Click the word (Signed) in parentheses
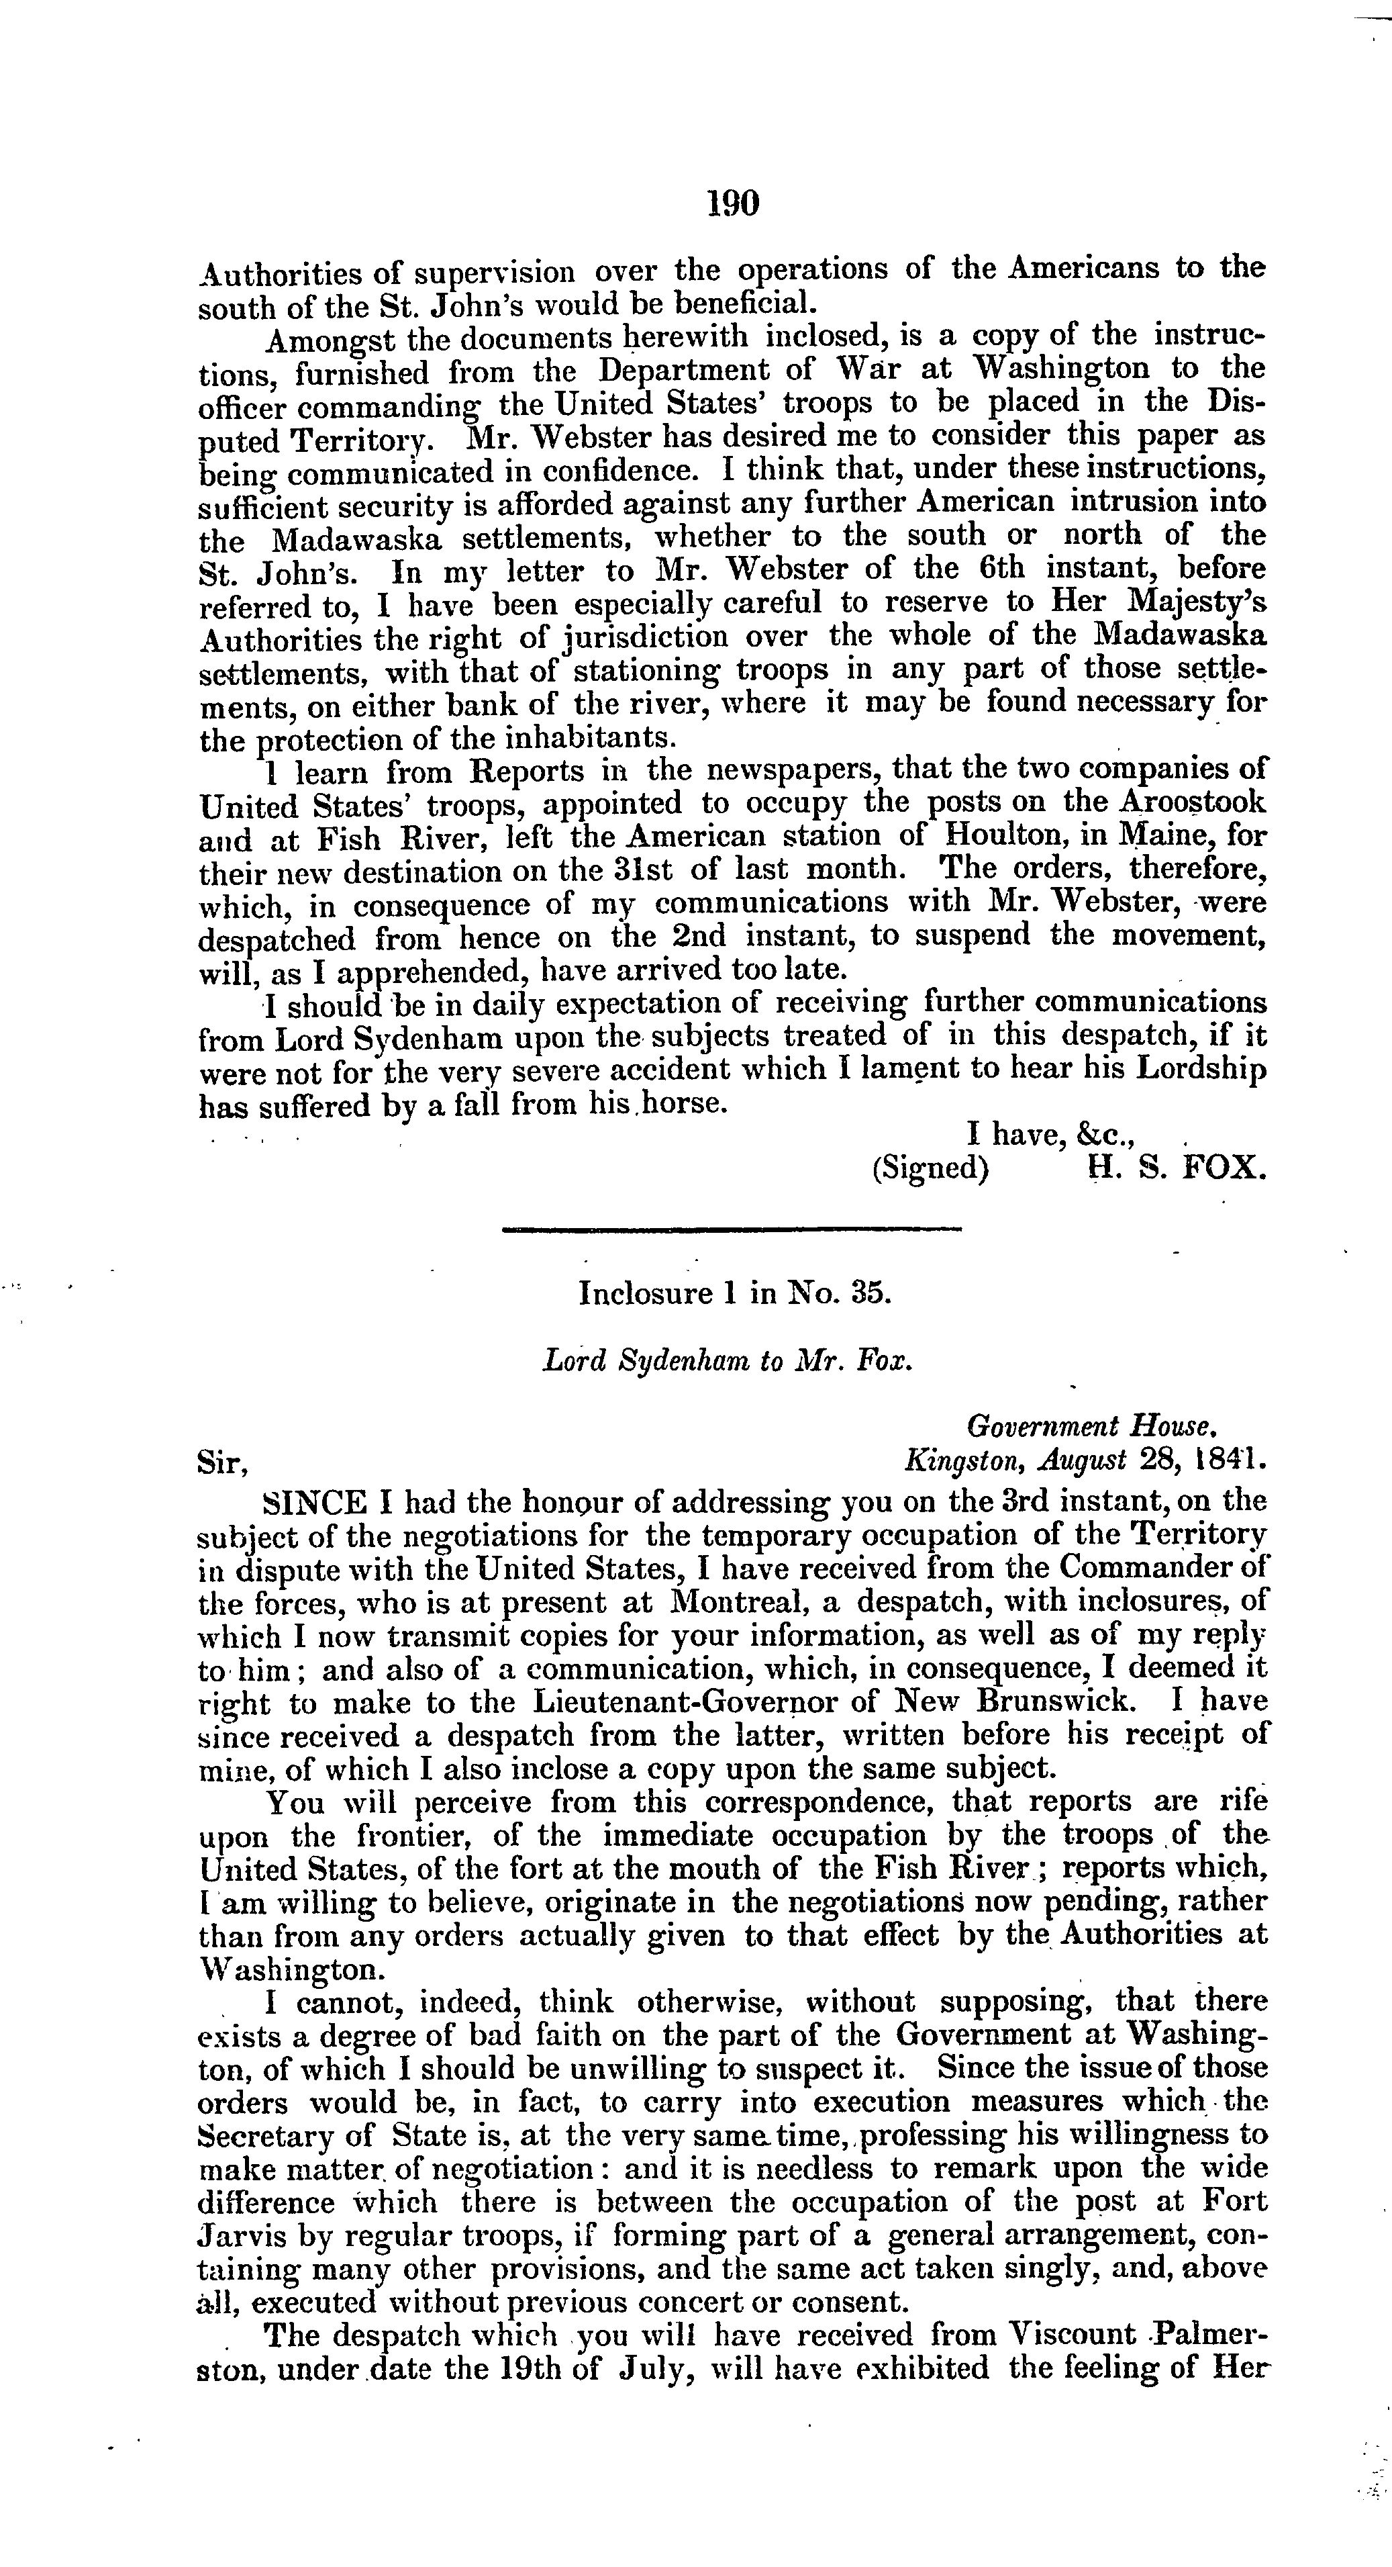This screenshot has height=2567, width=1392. coord(930,1168)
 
